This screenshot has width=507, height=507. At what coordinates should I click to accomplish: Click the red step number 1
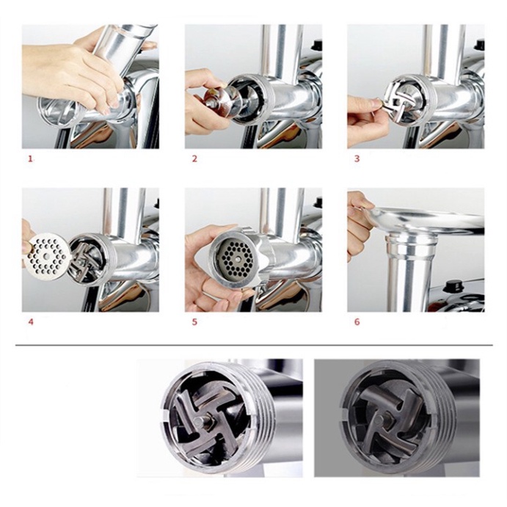coord(31,158)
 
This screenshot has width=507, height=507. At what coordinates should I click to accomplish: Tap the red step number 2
coord(194,158)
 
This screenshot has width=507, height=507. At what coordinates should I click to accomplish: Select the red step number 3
coord(357,158)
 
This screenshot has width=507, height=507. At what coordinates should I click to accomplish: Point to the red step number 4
coord(31,322)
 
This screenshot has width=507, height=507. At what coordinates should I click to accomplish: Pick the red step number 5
coord(194,322)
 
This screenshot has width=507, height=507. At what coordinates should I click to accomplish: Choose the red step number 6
coord(357,322)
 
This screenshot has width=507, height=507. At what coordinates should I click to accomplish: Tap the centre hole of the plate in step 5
coord(238,259)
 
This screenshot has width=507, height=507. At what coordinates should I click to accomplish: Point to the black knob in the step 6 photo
coord(453,286)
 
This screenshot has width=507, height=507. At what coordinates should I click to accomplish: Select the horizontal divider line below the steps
coord(254,346)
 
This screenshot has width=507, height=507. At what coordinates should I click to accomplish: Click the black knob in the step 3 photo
coord(479,44)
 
